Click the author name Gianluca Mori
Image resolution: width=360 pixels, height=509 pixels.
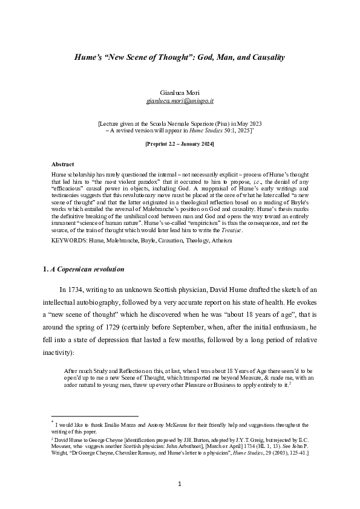[179, 93]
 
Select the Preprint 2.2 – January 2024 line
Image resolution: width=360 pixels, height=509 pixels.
[179, 145]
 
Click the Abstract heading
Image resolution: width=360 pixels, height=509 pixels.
[63, 164]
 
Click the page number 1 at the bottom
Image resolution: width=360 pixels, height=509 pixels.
[180, 484]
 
